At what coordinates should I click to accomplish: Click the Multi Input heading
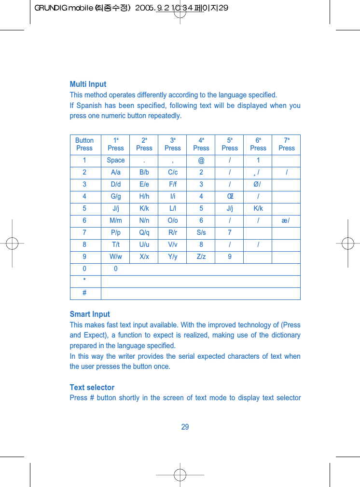(88, 84)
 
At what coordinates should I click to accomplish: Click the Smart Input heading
(90, 314)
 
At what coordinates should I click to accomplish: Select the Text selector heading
(92, 388)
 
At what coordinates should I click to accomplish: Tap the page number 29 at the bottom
(185, 427)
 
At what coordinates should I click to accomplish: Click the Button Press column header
(84, 144)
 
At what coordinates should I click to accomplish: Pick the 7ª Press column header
(286, 144)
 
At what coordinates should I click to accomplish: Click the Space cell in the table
(116, 161)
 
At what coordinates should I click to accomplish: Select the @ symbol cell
(201, 161)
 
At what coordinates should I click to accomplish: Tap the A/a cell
(116, 173)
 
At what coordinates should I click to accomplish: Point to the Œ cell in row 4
(230, 196)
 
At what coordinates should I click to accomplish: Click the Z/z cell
(201, 257)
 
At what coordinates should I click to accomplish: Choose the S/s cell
(201, 232)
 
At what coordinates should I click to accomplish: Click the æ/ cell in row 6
(286, 220)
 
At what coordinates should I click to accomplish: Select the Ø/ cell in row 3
(258, 184)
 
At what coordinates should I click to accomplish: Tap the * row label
(84, 281)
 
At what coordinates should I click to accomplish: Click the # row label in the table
(84, 293)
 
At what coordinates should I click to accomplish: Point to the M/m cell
(116, 220)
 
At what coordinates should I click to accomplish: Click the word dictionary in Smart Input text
(284, 336)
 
